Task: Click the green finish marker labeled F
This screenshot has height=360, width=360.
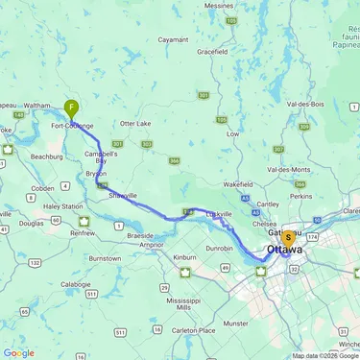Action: [x=71, y=108]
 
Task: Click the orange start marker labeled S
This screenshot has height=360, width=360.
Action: [x=287, y=237]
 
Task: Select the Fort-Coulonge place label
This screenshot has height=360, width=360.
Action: [x=72, y=126]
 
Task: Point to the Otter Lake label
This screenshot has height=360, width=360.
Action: [x=135, y=123]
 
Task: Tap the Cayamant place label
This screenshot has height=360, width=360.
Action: [x=173, y=40]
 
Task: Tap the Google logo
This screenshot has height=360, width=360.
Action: [x=18, y=352]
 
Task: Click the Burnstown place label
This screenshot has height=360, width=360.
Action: [x=105, y=258]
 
